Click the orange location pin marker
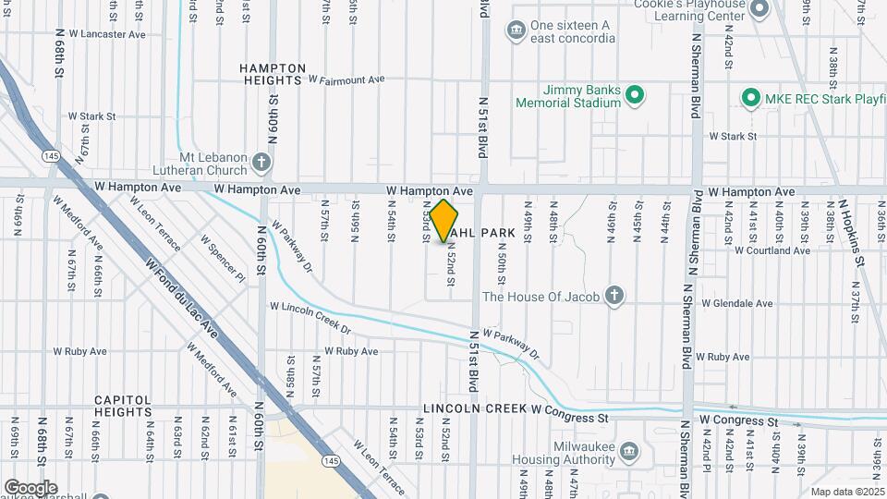[x=443, y=221]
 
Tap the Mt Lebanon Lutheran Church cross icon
[x=261, y=164]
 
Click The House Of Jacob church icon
[x=614, y=297]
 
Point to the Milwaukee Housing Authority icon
[x=629, y=451]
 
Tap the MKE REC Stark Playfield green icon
[x=752, y=97]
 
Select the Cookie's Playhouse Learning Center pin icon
[x=760, y=9]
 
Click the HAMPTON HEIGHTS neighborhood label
[x=273, y=74]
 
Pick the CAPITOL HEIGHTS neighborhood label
[x=123, y=406]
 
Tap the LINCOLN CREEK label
[x=475, y=408]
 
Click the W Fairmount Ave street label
[x=346, y=80]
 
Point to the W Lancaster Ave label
[x=101, y=34]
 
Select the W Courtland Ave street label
[x=772, y=250]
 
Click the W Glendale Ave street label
[x=737, y=303]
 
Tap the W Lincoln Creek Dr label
[x=310, y=318]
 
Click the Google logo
[x=30, y=487]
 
